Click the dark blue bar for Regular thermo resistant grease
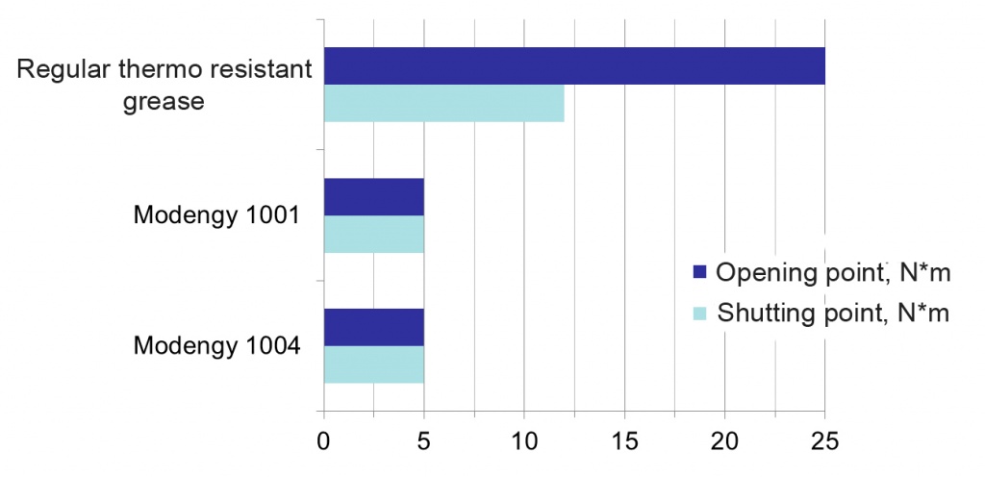(x=574, y=66)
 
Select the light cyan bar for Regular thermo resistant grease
(x=444, y=103)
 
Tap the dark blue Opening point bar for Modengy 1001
(x=374, y=197)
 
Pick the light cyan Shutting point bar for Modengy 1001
(x=374, y=234)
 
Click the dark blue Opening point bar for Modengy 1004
(x=374, y=327)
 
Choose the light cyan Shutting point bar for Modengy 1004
(x=374, y=364)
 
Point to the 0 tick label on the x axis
(x=323, y=440)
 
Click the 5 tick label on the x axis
(x=424, y=440)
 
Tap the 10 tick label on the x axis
(x=524, y=440)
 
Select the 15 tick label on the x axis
(x=624, y=440)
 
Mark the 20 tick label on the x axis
(x=724, y=440)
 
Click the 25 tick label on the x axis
(x=824, y=440)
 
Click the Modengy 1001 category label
(x=215, y=216)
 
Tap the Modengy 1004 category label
(x=215, y=346)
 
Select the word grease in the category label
(x=164, y=102)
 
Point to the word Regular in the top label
(x=63, y=70)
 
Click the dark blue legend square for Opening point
(x=699, y=272)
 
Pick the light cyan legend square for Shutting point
(x=699, y=312)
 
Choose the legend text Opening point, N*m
(x=832, y=273)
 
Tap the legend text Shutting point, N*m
(x=833, y=314)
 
